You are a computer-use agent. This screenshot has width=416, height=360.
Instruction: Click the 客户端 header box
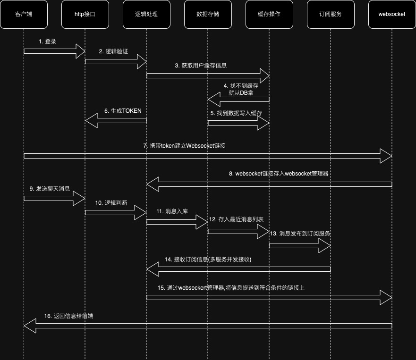click(24, 14)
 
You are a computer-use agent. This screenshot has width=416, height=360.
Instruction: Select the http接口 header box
click(85, 14)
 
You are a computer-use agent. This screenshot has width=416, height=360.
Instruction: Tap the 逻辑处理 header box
click(146, 14)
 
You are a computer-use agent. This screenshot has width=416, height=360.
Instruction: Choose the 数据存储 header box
click(208, 14)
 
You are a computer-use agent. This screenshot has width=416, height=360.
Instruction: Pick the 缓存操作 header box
click(269, 14)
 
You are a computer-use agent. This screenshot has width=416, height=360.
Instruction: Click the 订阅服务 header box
click(331, 14)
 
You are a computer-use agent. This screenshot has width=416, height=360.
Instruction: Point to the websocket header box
click(392, 14)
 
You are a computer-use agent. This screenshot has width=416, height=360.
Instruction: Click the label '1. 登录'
click(48, 42)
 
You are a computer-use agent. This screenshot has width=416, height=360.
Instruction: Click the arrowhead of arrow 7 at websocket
click(386, 156)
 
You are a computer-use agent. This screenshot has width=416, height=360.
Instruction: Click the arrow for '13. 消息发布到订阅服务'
click(300, 245)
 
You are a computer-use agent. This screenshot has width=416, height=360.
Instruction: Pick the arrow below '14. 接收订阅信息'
click(238, 269)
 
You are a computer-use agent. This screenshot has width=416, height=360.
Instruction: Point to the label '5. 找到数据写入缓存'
click(236, 113)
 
